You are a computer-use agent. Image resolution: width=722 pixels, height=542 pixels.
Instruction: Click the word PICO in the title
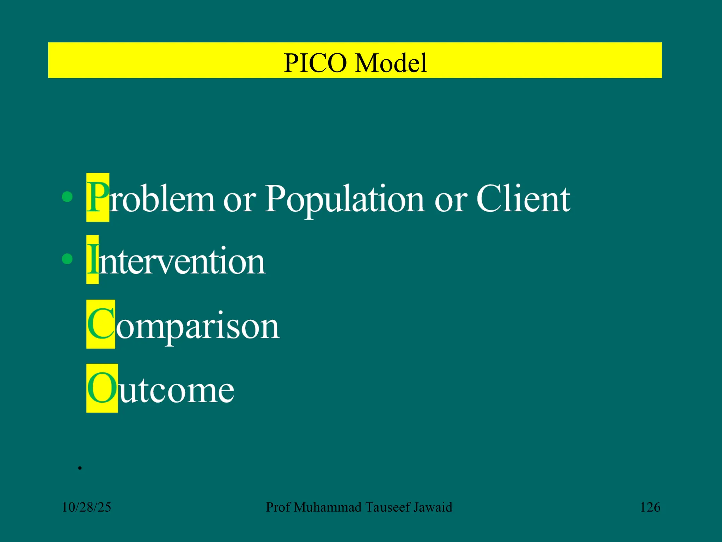pos(315,63)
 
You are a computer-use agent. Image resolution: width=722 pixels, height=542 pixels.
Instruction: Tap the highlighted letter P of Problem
pos(98,198)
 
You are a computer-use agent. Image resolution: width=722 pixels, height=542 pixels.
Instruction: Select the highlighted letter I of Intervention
pos(92,260)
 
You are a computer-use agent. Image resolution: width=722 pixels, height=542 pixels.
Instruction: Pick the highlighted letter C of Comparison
pos(100,324)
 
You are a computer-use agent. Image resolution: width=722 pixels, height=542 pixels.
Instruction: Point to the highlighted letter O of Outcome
pos(102,388)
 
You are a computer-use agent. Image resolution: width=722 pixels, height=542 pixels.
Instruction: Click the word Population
pos(344,199)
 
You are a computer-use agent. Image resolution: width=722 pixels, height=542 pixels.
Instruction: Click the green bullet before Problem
pos(67,197)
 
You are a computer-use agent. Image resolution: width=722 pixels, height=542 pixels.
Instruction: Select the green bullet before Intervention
pos(67,259)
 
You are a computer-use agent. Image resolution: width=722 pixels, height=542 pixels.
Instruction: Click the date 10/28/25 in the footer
pos(86,507)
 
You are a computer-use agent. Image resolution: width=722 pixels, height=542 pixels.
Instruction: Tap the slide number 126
pos(650,507)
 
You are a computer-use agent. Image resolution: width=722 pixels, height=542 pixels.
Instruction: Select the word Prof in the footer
pos(278,507)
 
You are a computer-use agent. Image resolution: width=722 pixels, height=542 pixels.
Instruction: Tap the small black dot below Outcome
pos(80,468)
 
